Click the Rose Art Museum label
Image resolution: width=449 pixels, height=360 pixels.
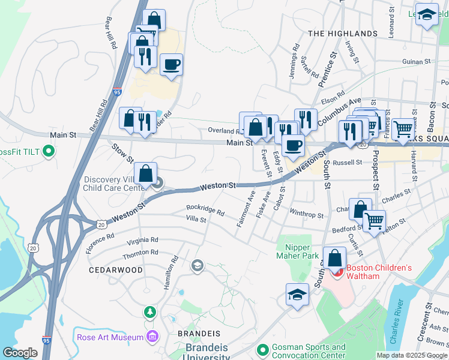[110, 337]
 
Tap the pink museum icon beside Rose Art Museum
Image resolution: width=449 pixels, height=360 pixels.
[152, 337]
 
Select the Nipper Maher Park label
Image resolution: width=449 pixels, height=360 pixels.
[301, 252]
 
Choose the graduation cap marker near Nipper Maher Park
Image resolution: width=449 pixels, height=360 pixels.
[297, 295]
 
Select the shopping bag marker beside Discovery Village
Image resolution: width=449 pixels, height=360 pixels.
[145, 174]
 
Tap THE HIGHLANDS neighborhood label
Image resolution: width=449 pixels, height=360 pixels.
[343, 34]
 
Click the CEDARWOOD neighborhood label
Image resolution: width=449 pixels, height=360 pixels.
[116, 270]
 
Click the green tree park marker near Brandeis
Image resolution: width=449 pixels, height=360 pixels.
[149, 312]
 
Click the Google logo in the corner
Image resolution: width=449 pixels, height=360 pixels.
[20, 353]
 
